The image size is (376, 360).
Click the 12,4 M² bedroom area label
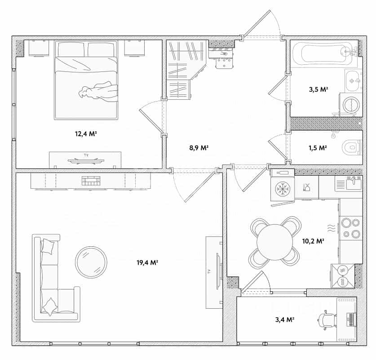(86, 133)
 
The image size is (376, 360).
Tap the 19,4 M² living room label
(147, 262)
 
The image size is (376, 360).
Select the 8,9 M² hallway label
(199, 148)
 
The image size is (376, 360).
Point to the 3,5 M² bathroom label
(318, 89)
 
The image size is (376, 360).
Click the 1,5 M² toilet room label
(318, 148)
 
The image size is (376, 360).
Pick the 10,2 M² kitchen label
(313, 241)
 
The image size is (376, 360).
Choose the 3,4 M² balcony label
(285, 320)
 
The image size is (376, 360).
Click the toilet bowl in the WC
(352, 147)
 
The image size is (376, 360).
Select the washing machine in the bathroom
(350, 105)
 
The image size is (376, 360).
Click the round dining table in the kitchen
(275, 242)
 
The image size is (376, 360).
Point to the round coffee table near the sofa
(91, 262)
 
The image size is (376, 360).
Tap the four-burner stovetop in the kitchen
(350, 228)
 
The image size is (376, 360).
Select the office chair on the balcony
(327, 320)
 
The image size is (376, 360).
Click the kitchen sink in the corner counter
(354, 183)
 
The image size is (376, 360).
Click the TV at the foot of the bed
(86, 160)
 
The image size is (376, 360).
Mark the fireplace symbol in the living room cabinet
(91, 181)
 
